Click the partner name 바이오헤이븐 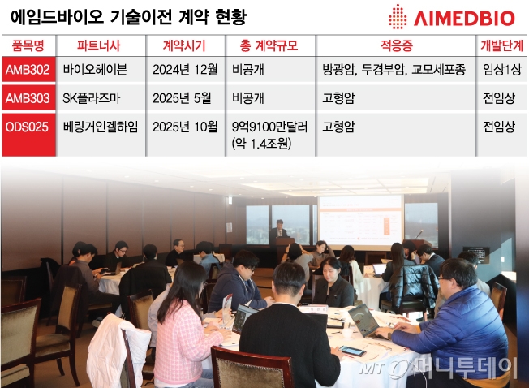pyautogui.click(x=95, y=71)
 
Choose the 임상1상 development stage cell pyautogui.click(x=501, y=71)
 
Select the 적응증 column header pyautogui.click(x=395, y=45)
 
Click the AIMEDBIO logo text pyautogui.click(x=467, y=18)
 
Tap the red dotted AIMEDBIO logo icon pyautogui.click(x=398, y=17)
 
